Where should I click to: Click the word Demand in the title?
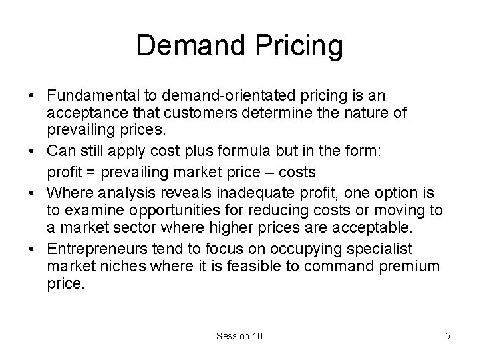pyautogui.click(x=190, y=46)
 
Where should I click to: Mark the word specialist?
pyautogui.click(x=381, y=249)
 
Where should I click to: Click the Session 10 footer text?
pyautogui.click(x=239, y=336)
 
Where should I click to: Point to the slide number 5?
pyautogui.click(x=447, y=336)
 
